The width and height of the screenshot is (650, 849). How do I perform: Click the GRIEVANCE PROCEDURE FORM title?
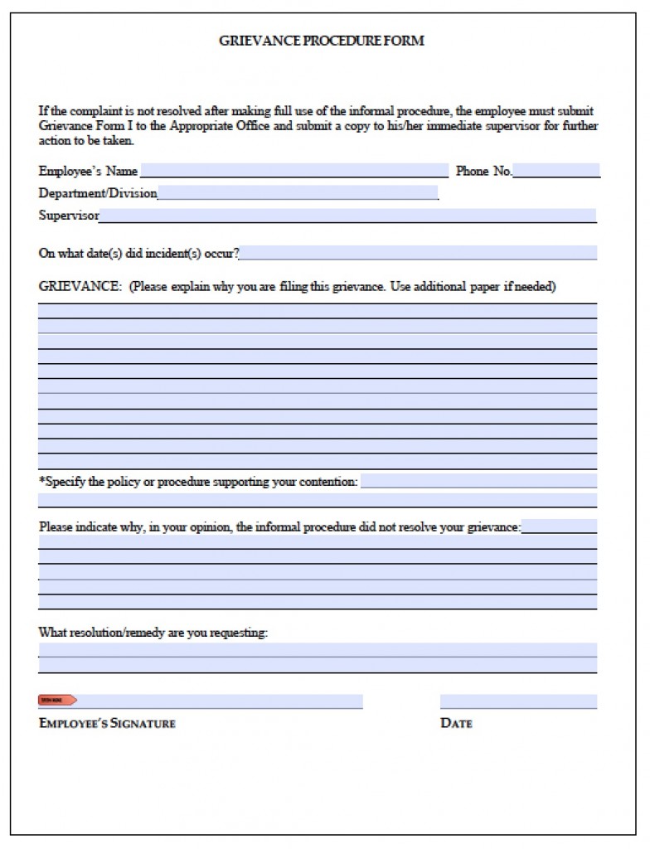(x=321, y=40)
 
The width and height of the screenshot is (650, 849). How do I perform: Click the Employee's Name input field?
(x=294, y=171)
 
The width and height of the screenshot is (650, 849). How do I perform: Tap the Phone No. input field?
(x=556, y=171)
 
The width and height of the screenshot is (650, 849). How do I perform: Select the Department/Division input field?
(x=298, y=193)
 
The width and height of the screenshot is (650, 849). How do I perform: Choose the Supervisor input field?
(x=347, y=216)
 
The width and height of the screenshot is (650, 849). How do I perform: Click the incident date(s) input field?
(x=419, y=253)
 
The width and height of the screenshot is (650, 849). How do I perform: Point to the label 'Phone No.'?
(x=483, y=172)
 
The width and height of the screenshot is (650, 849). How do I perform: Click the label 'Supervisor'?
(x=69, y=216)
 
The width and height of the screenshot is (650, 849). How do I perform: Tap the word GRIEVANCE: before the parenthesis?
(x=80, y=287)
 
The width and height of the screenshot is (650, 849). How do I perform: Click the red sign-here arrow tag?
(x=57, y=701)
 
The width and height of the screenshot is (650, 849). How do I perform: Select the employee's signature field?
(x=220, y=701)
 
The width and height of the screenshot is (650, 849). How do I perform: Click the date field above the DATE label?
(x=518, y=701)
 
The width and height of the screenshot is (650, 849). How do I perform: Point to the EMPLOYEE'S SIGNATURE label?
(x=107, y=723)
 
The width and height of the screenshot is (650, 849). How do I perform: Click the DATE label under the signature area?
(x=456, y=723)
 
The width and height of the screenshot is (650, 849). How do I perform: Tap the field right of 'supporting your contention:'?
(x=478, y=481)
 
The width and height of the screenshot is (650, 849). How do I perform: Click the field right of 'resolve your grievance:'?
(x=559, y=526)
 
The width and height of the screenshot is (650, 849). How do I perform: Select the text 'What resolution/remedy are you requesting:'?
(x=153, y=632)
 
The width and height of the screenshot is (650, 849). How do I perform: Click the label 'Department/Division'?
(x=98, y=193)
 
